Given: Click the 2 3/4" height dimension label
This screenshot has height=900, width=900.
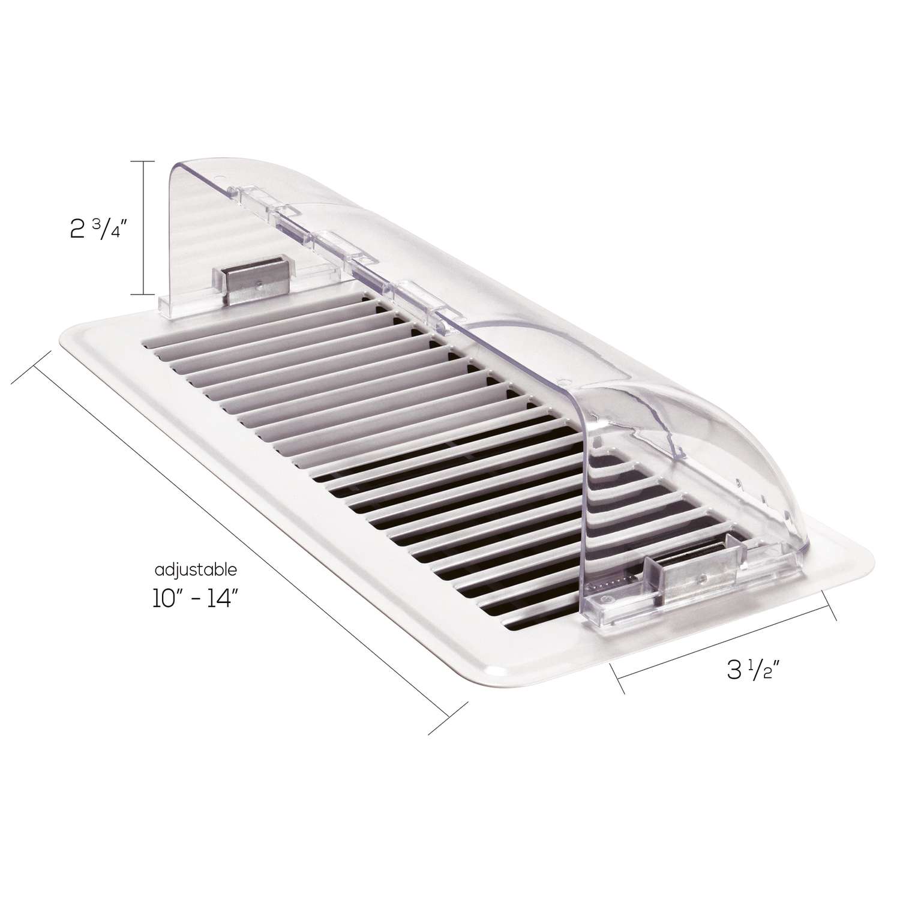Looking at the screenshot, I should pyautogui.click(x=96, y=229).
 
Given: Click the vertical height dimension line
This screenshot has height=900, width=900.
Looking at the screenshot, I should pyautogui.click(x=143, y=228).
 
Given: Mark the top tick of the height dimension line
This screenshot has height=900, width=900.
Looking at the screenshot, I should pyautogui.click(x=143, y=162).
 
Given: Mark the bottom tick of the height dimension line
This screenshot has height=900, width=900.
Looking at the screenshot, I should pyautogui.click(x=143, y=294).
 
